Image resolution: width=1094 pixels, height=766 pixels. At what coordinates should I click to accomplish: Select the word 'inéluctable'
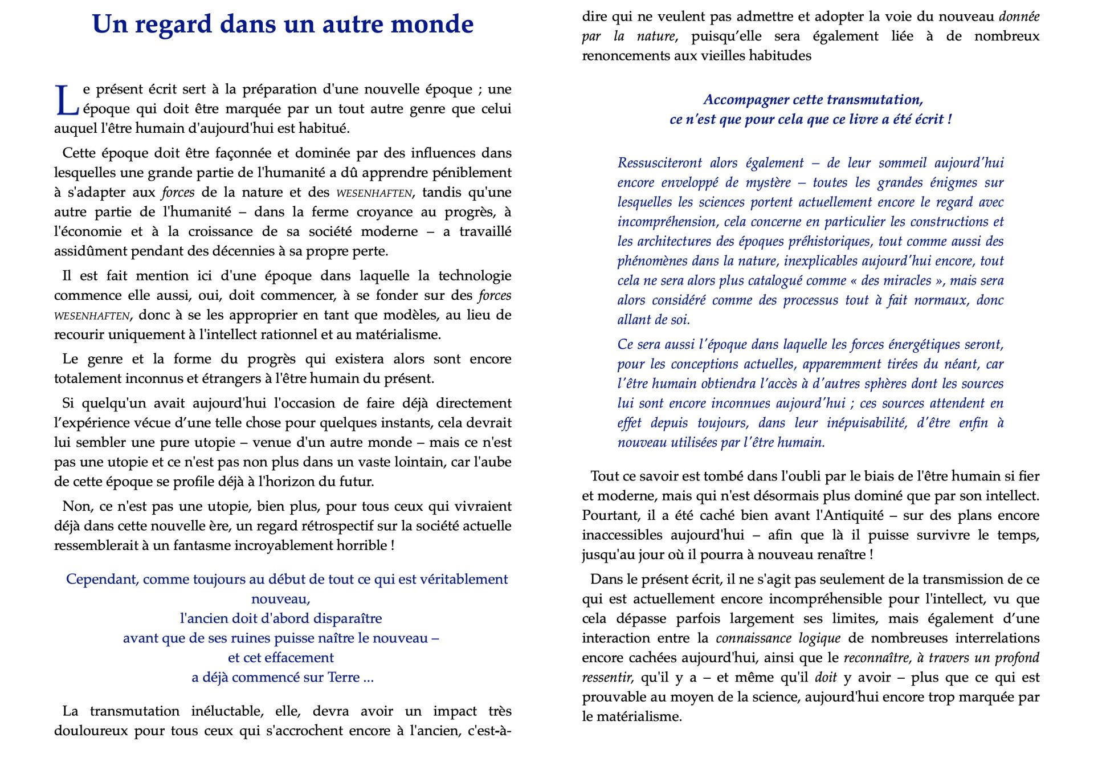228,711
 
